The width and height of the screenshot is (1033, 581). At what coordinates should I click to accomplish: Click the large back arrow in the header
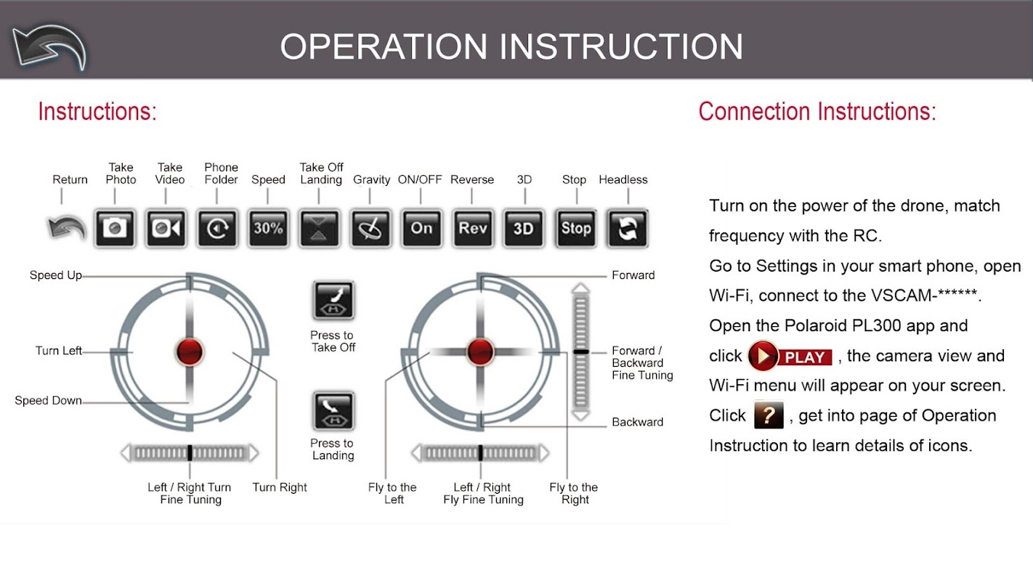(50, 47)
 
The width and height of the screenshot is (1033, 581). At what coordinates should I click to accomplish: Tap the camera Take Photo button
(115, 228)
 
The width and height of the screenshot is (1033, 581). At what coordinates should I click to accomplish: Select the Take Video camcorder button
(166, 228)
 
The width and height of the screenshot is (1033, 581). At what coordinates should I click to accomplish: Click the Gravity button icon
(370, 228)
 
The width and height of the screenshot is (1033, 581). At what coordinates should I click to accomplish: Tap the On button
(421, 228)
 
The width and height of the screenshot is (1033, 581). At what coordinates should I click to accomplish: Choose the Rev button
(473, 228)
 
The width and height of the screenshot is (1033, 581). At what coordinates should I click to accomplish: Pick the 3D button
(524, 228)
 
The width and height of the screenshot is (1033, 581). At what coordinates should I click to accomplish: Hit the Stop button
(576, 228)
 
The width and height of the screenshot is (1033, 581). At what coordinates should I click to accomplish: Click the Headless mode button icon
(627, 228)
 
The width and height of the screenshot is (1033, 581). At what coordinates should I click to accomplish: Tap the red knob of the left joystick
(190, 352)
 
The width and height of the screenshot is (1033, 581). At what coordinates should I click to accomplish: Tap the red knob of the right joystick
(480, 352)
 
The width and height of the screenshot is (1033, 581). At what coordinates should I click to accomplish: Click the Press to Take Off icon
(333, 300)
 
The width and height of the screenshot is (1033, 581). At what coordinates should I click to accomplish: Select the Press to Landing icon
(333, 410)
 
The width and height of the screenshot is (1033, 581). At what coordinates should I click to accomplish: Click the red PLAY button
(790, 356)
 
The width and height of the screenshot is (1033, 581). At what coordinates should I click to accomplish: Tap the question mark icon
(769, 415)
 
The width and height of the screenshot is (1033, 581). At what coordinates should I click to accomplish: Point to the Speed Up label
(56, 275)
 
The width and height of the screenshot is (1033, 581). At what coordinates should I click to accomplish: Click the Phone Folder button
(217, 228)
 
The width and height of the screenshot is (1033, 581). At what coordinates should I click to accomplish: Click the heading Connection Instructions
(817, 112)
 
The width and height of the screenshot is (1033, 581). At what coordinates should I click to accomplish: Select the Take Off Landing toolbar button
(319, 228)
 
